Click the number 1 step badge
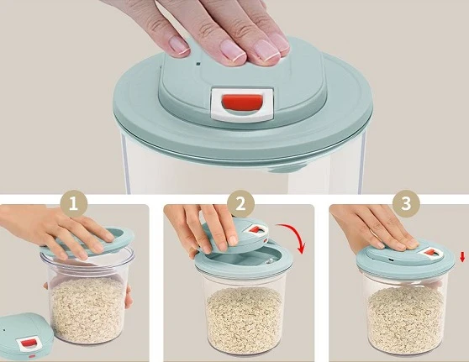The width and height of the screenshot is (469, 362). click(x=74, y=203)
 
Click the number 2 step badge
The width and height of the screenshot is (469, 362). click(x=240, y=203)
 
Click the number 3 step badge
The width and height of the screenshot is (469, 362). click(x=406, y=203)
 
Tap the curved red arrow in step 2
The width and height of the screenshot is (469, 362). click(x=297, y=233)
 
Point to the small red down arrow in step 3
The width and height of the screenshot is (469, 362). click(x=462, y=257)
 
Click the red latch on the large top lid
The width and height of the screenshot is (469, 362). click(x=242, y=102)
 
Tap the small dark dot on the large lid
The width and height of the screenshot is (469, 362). click(x=198, y=63)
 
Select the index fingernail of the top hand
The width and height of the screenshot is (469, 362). click(x=178, y=45)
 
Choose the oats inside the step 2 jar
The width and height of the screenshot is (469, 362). click(x=245, y=320)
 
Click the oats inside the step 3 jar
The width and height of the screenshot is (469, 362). click(x=406, y=320)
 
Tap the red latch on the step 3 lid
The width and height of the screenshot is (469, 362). click(x=430, y=253)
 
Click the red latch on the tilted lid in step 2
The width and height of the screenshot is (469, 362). click(x=256, y=229)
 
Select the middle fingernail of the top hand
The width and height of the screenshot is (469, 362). click(x=233, y=51)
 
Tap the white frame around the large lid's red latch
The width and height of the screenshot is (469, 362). click(x=242, y=104)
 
